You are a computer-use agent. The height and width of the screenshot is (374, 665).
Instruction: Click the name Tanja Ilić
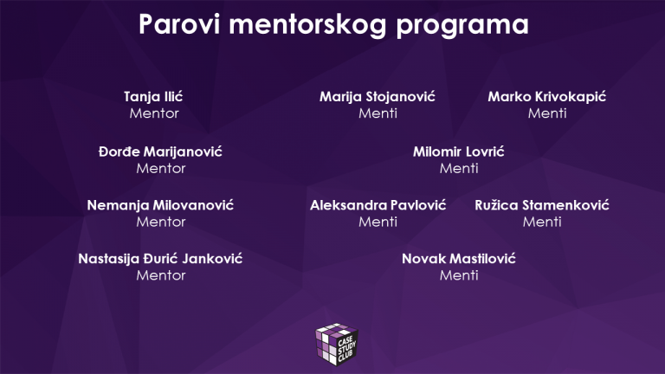154,96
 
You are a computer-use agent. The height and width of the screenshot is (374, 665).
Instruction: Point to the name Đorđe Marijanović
161,152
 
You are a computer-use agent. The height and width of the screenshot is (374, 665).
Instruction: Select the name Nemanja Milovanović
161,205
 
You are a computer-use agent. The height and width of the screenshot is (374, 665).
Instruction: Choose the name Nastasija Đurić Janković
161,259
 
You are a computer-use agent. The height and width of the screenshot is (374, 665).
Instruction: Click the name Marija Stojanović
378,96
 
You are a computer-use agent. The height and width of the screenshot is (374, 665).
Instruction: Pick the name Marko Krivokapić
547,96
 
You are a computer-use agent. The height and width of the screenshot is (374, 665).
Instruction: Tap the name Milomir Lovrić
459,152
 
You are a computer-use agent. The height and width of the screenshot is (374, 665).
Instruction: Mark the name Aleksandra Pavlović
378,205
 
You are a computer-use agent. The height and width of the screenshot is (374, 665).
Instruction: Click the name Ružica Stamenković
542,205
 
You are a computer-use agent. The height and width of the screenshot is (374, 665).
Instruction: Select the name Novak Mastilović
459,259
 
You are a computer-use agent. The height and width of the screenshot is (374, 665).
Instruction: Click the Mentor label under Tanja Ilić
154,113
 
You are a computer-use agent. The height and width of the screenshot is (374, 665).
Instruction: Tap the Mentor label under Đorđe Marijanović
161,168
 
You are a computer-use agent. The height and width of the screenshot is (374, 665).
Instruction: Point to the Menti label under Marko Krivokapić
547,113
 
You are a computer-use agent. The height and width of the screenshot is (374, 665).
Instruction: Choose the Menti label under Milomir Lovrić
459,168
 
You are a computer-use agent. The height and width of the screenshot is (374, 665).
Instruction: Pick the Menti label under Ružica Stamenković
542,222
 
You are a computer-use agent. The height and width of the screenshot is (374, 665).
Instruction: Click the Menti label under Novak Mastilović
459,275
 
